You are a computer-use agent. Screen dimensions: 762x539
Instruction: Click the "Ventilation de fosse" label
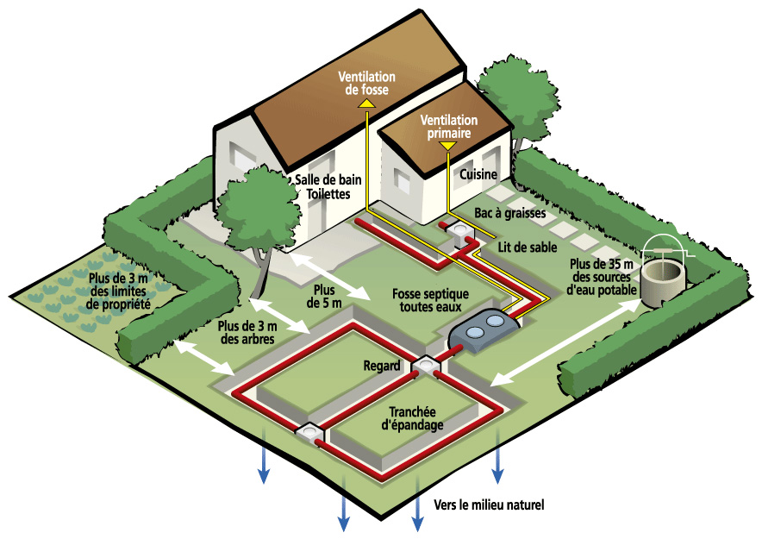[367, 83]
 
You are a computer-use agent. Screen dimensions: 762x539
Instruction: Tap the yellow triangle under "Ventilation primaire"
[447, 146]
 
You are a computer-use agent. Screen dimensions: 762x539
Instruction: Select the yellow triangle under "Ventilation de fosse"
[366, 103]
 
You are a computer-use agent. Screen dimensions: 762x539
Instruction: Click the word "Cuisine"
[478, 174]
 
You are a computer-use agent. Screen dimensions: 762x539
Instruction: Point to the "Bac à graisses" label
[509, 213]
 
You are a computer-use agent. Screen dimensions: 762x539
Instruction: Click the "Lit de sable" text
[528, 248]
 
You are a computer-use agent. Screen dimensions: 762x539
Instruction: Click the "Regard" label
[382, 366]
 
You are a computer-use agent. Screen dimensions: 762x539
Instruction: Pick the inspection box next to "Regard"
[426, 366]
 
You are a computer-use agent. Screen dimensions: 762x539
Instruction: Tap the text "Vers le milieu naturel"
[489, 505]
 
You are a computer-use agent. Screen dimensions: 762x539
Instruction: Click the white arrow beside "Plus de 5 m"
[329, 276]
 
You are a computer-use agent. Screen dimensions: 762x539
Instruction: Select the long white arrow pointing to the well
[565, 342]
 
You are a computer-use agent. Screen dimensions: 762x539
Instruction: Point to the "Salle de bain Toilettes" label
[328, 186]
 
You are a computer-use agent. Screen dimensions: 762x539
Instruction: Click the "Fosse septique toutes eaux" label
[431, 300]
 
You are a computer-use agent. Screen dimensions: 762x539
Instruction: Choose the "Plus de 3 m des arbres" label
[247, 332]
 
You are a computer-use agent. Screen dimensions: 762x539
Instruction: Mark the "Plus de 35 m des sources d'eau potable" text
[602, 277]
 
